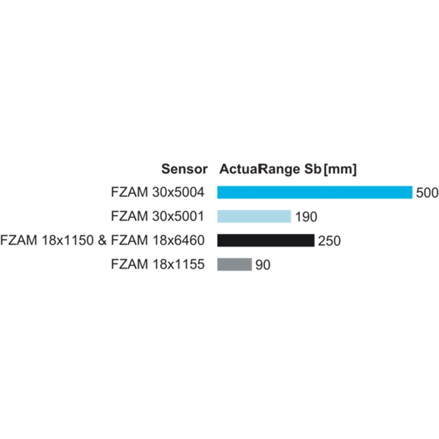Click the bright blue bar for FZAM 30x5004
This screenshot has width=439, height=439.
pos(314,193)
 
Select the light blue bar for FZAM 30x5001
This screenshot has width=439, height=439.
pos(254,216)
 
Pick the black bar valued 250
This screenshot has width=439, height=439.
pos(266,240)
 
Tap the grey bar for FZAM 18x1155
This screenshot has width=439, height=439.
pos(235,264)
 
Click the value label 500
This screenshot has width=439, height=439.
pos(427,193)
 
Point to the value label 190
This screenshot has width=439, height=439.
pos(306,217)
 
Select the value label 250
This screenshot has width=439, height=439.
pos(330,241)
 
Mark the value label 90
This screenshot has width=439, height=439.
pos(263,265)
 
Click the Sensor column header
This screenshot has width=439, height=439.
pos(184,169)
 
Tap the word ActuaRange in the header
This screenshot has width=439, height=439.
pos(260,169)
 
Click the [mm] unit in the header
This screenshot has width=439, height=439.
pos(340,169)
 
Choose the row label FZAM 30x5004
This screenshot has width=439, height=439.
pos(157,193)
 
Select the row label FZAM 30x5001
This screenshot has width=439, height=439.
pos(157,216)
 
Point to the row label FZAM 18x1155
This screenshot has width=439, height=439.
pos(157,264)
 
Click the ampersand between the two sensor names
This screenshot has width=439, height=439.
pos(102,240)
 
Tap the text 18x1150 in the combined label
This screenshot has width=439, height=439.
pos(67,240)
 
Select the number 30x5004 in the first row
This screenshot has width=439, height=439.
pos(178,193)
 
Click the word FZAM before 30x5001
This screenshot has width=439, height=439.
pos(130,216)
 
